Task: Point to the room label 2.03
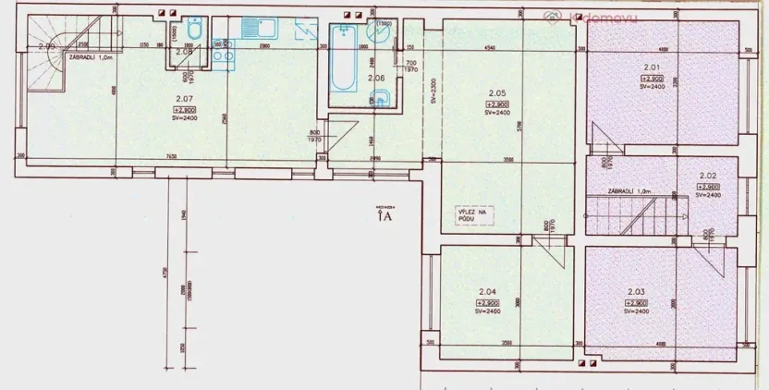click(x=636, y=291)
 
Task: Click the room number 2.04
click(x=487, y=292)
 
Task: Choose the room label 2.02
click(x=708, y=175)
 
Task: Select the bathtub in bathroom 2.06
click(x=342, y=62)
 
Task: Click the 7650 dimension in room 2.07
click(x=173, y=155)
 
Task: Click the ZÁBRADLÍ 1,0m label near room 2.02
click(x=630, y=190)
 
